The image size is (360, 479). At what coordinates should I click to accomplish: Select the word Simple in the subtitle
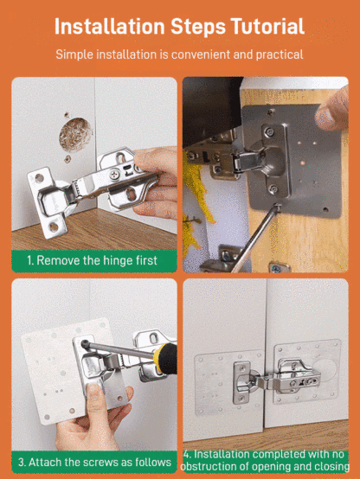[76, 54]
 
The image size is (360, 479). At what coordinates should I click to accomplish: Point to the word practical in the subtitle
[273, 54]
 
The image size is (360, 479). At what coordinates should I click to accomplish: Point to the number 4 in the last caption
[188, 454]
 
